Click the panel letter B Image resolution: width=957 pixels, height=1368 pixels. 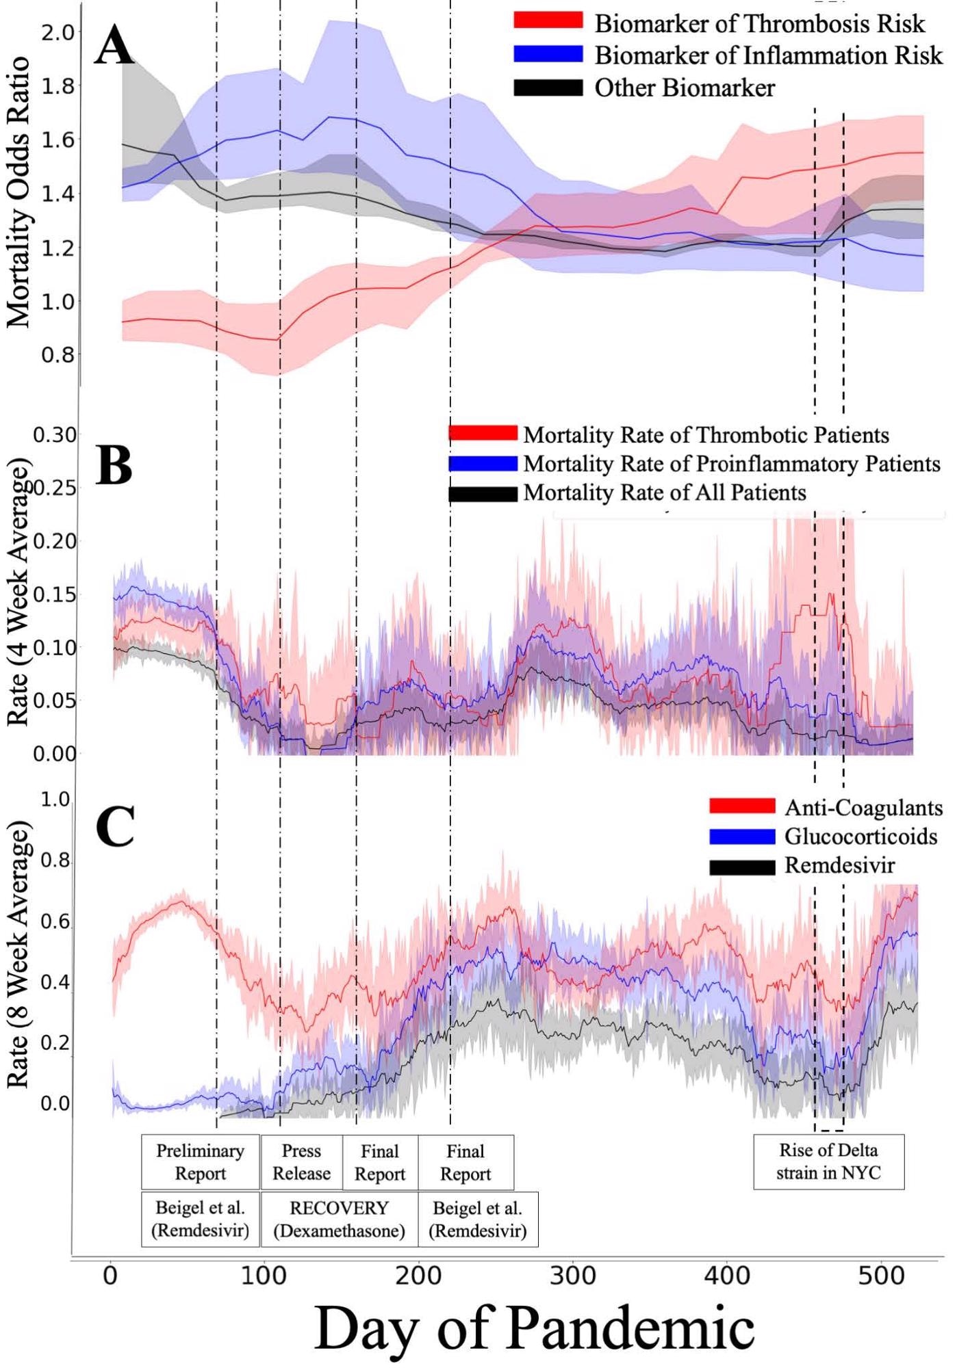click(x=114, y=465)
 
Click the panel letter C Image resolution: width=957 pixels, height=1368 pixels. click(x=114, y=826)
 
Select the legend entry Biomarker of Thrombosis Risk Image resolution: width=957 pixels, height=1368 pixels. click(x=759, y=24)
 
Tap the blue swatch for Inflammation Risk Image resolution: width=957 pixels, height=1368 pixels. click(x=548, y=55)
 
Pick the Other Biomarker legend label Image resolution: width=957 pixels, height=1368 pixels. click(x=684, y=88)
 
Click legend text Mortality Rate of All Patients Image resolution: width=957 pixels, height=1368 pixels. click(x=664, y=493)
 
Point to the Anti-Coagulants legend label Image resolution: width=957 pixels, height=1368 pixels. click(x=863, y=808)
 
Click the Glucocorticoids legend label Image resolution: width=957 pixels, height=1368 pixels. click(x=860, y=837)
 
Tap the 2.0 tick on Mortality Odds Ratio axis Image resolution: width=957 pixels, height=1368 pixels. click(x=58, y=32)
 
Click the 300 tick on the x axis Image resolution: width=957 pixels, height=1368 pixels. click(x=572, y=1276)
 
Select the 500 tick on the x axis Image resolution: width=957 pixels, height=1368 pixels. click(x=880, y=1276)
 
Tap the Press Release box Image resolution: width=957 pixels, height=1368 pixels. click(x=301, y=1162)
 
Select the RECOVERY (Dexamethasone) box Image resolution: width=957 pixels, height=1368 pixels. click(x=339, y=1220)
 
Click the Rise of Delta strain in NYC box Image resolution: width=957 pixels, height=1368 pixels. click(x=828, y=1161)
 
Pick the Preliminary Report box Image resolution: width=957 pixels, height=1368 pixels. click(x=200, y=1162)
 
